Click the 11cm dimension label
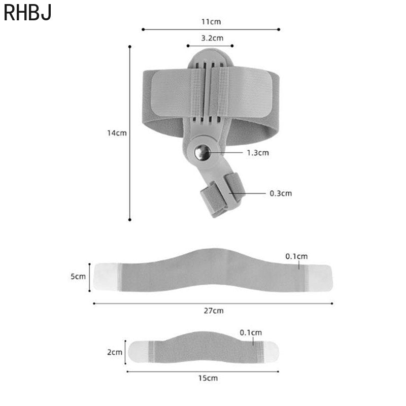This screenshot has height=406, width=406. (x=211, y=22)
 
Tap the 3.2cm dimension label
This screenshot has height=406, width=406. (x=212, y=38)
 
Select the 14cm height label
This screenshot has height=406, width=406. (x=116, y=133)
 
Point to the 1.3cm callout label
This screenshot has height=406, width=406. (x=257, y=152)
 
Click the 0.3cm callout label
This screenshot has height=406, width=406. (x=281, y=193)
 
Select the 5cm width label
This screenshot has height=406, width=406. (x=78, y=277)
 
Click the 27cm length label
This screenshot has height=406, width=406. (x=213, y=311)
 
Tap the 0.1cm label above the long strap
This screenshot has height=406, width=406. (x=296, y=256)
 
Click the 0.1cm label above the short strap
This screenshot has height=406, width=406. (x=251, y=332)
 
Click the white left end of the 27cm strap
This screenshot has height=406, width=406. (x=106, y=277)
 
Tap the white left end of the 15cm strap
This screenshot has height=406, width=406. (x=139, y=351)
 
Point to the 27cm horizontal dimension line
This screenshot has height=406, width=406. (x=152, y=303)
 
